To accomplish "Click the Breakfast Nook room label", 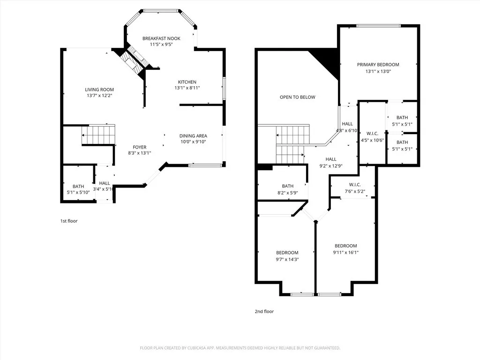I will (161, 38).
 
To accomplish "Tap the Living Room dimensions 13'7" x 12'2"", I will (99, 96).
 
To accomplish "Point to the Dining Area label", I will (193, 136).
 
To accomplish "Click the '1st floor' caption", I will (69, 221).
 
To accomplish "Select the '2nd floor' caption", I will (265, 311).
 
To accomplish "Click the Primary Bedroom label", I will (378, 65).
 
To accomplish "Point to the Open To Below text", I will (297, 97).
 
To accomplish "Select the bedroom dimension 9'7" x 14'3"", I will (287, 259).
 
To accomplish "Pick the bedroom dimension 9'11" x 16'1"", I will (345, 252).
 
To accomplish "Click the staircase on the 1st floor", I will (98, 135).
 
